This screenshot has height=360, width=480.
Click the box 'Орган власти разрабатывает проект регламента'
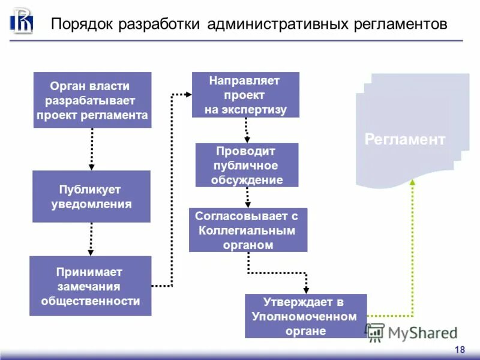click(x=92, y=100)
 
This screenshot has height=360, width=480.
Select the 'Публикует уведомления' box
click(x=91, y=196)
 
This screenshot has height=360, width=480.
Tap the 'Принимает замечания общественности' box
click(x=90, y=286)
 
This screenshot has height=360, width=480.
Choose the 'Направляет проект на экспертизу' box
click(x=245, y=95)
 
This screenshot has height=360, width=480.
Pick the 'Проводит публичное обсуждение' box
click(x=247, y=164)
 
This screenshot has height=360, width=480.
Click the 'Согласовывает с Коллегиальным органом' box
click(x=248, y=230)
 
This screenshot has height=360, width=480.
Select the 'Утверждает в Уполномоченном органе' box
click(x=305, y=316)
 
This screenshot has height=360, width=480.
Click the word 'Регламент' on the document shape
click(x=405, y=140)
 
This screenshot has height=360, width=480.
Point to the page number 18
click(x=460, y=350)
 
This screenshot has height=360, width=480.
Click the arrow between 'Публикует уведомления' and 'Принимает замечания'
click(x=91, y=239)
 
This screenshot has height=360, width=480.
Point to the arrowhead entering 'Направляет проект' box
click(x=188, y=94)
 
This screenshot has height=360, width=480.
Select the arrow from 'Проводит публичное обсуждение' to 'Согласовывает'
click(x=247, y=197)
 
